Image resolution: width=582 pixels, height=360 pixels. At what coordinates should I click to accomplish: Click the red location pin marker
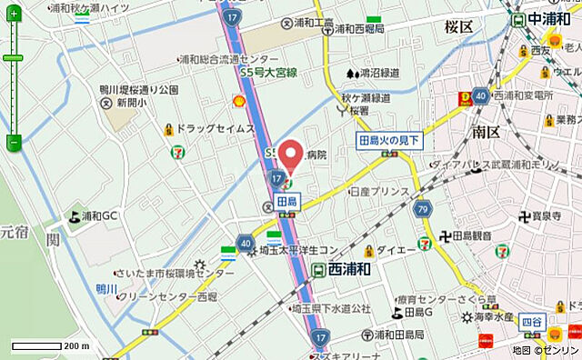point(290,154)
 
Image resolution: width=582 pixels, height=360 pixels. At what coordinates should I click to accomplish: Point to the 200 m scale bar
point(50,346)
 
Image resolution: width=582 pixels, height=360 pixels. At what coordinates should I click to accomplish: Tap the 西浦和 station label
point(347,269)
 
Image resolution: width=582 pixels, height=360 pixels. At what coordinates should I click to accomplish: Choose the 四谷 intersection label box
point(531,321)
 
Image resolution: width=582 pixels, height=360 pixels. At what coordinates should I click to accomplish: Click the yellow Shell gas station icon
point(238,102)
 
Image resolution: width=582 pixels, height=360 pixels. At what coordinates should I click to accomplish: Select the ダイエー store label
point(396,250)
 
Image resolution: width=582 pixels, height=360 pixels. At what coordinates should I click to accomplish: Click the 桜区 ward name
point(459,27)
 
